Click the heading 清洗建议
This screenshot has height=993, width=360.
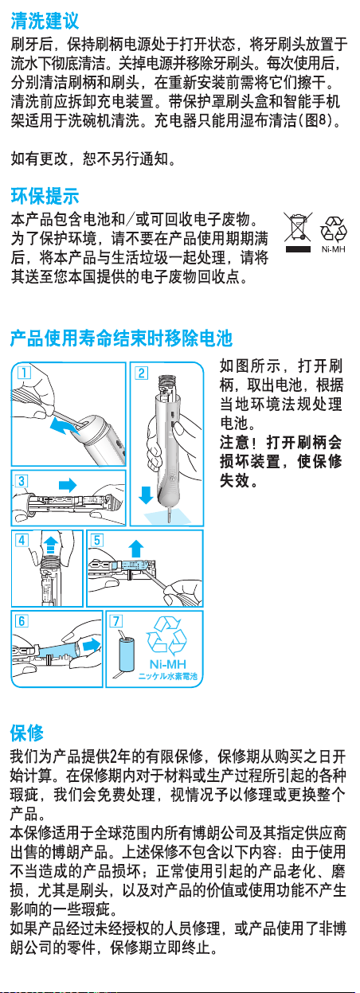tap(45, 21)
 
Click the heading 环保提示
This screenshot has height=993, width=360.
tap(45, 196)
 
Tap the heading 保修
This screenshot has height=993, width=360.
tap(27, 733)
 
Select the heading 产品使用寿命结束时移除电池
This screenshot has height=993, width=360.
tap(121, 338)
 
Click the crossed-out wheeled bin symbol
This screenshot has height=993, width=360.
tap(298, 233)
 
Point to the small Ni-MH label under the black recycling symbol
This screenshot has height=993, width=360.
tap(333, 249)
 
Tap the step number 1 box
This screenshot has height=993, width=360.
tap(24, 372)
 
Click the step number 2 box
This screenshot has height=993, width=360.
tap(142, 373)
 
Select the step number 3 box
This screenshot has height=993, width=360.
tap(22, 480)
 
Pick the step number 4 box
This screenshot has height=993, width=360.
tap(22, 541)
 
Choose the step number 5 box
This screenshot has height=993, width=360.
tap(97, 541)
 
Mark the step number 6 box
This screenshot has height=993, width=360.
tap(22, 620)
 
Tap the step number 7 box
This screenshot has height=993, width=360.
tap(115, 620)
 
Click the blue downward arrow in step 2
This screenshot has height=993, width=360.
tap(146, 495)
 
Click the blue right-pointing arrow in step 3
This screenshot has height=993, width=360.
tap(68, 484)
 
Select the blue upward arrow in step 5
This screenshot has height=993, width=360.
tap(136, 549)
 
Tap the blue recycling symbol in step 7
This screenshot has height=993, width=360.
tap(166, 635)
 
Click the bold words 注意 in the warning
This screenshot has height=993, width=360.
tap(235, 442)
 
